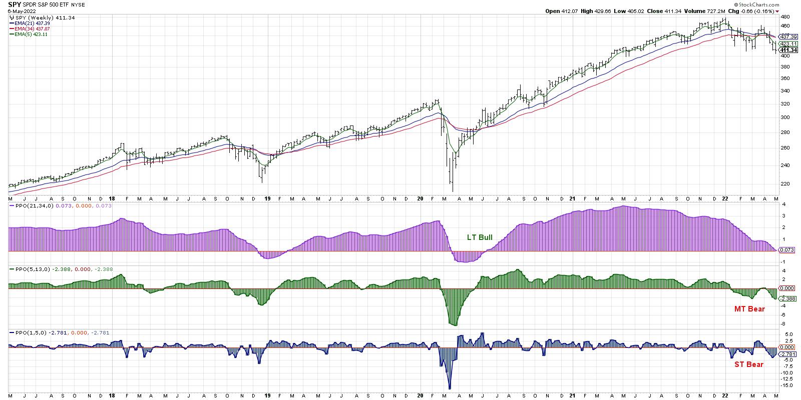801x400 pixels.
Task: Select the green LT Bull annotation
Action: click(x=480, y=237)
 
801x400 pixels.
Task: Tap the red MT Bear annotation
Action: click(x=749, y=309)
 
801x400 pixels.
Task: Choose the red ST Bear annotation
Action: click(x=749, y=364)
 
